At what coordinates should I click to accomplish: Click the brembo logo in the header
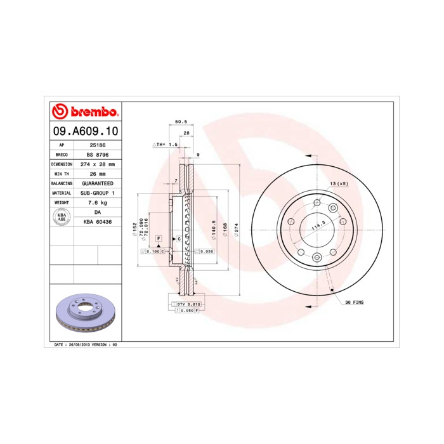(84, 112)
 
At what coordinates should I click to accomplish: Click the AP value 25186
(98, 145)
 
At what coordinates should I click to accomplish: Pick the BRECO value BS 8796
(98, 154)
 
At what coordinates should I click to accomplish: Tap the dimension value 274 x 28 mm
(98, 164)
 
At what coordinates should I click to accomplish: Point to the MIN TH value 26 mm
(98, 173)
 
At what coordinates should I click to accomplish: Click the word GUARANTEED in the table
(98, 183)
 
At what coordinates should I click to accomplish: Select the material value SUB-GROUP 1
(98, 192)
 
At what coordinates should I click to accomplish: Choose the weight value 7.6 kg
(98, 202)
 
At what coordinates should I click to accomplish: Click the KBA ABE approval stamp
(62, 216)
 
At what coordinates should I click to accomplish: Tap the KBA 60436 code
(98, 221)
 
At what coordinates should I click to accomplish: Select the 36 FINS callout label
(354, 304)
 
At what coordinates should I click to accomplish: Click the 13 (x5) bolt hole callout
(338, 184)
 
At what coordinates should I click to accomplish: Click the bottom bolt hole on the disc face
(316, 257)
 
